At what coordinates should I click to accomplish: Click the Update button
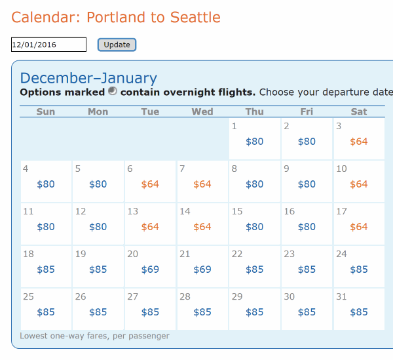117,45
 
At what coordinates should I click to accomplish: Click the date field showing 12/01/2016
48,45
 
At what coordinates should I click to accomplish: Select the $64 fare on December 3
359,142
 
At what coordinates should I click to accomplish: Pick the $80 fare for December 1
254,142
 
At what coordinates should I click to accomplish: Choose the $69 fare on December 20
150,270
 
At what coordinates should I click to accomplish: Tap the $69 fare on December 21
202,270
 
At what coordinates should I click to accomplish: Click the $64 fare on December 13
150,227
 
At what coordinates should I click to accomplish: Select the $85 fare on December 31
359,312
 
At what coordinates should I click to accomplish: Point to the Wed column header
202,111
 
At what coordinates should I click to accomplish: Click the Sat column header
359,111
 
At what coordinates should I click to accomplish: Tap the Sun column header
46,111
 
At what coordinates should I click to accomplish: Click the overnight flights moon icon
113,91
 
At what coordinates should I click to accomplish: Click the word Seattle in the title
195,17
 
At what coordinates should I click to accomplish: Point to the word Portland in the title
117,17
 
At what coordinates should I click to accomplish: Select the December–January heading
88,78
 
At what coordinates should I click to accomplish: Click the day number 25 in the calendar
28,296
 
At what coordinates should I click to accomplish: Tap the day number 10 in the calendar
341,169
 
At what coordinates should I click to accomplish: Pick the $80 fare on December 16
307,227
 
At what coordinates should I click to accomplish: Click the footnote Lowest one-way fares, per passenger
94,336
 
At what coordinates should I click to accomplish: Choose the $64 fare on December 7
202,184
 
